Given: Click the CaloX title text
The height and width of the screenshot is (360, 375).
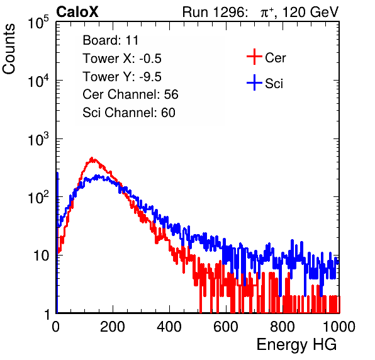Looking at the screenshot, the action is tap(77, 12).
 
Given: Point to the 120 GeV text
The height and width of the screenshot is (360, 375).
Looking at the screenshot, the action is tap(310, 12).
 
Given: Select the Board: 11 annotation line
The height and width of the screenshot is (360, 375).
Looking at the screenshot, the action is tap(111, 40).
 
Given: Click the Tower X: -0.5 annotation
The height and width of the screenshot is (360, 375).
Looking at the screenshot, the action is tap(122, 59).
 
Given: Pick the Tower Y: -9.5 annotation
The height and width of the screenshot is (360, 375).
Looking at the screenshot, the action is tap(122, 77).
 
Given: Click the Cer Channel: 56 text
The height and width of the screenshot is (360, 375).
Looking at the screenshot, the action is tap(130, 94).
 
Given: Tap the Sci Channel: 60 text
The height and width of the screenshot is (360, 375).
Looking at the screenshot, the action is tap(129, 113).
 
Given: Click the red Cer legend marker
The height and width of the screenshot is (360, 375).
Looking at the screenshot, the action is tap(254, 57).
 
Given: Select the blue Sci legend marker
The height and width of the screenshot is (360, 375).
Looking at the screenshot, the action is tap(254, 83).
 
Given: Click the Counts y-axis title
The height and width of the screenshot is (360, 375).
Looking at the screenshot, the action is tap(9, 49).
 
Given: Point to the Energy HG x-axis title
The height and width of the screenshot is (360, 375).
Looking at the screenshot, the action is tap(296, 345).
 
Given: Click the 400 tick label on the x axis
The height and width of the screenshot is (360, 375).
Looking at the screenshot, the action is tap(169, 327).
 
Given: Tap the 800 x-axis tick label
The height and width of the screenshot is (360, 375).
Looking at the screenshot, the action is tap(283, 327).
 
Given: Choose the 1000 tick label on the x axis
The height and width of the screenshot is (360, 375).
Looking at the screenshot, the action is tap(339, 327).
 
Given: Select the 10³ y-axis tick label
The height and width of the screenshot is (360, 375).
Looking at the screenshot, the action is tap(38, 139).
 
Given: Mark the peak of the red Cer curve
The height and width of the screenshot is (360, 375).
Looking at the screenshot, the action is tap(92, 158).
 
